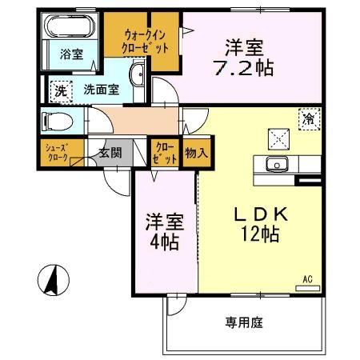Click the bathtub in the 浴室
tap(70, 30)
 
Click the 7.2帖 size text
tap(249, 66)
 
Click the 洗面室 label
tap(102, 90)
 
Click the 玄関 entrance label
tap(109, 153)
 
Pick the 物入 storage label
tap(195, 152)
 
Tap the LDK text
tap(255, 215)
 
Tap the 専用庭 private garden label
tap(243, 323)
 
